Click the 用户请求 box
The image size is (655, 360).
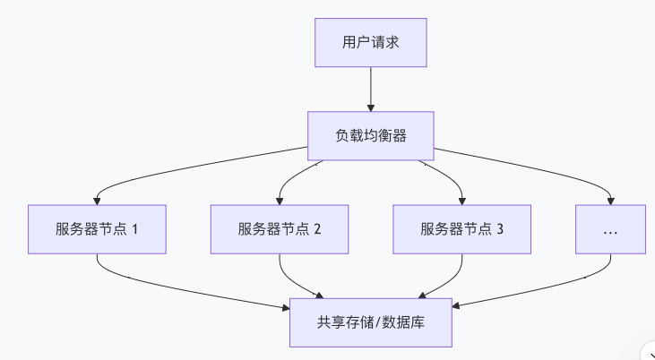point(370,43)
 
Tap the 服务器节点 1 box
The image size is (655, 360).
point(98,228)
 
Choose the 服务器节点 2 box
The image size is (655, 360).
point(280,228)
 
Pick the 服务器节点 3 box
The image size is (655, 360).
point(462,228)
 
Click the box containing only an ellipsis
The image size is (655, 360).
point(610,228)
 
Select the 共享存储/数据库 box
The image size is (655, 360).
point(370,322)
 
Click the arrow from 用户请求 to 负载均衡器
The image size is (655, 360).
point(370,89)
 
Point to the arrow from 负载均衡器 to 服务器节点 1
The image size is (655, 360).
point(179,168)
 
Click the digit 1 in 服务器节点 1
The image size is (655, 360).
point(135,228)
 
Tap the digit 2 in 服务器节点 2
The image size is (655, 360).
point(317,228)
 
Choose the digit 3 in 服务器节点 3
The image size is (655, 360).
point(500,228)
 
